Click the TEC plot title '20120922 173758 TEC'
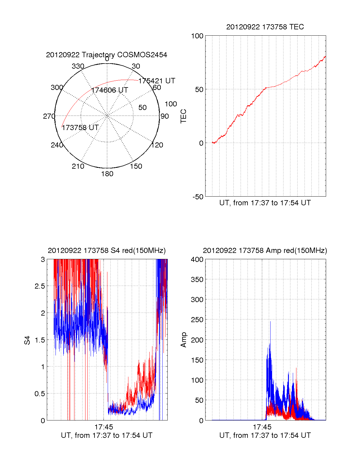pyautogui.click(x=265, y=27)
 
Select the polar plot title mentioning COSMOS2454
pyautogui.click(x=106, y=55)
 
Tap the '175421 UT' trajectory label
pyautogui.click(x=157, y=81)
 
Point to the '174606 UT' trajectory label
pyautogui.click(x=110, y=90)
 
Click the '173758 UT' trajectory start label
pyautogui.click(x=80, y=128)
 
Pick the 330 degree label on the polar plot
pyautogui.click(x=78, y=66)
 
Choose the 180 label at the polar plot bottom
pyautogui.click(x=107, y=174)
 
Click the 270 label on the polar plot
pyautogui.click(x=49, y=116)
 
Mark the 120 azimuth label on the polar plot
pyautogui.click(x=157, y=145)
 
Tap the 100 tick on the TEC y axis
pyautogui.click(x=197, y=36)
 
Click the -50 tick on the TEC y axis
pyautogui.click(x=198, y=197)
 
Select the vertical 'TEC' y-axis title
pyautogui.click(x=183, y=116)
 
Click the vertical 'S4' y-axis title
pyautogui.click(x=27, y=340)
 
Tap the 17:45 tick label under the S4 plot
pyautogui.click(x=104, y=427)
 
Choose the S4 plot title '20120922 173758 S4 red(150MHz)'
pyautogui.click(x=106, y=251)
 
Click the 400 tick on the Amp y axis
pyautogui.click(x=197, y=260)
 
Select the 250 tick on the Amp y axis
pyautogui.click(x=197, y=320)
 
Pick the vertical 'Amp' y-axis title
pyautogui.click(x=183, y=340)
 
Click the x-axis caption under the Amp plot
pyautogui.click(x=265, y=435)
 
